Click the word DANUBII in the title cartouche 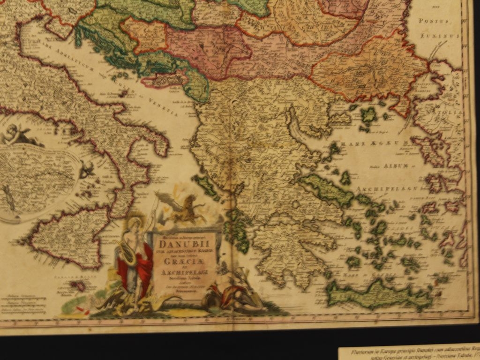click(184, 244)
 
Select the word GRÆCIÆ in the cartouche click(184, 264)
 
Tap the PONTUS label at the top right click(434, 21)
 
